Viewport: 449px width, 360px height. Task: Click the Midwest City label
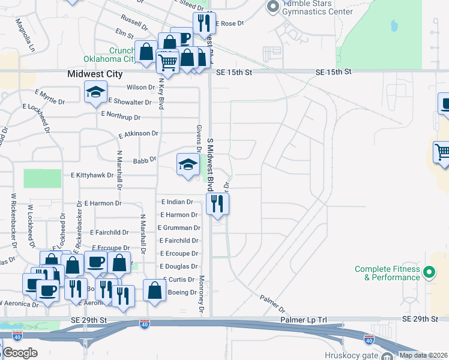[94, 74]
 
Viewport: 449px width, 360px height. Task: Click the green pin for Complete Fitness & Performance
[429, 273]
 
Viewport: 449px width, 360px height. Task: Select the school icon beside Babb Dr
[188, 164]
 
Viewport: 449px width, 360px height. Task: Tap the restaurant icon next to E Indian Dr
[217, 203]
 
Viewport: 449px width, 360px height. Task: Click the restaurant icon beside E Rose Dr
[204, 23]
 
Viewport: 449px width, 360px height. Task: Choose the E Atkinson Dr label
[139, 134]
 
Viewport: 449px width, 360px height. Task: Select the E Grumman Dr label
[179, 228]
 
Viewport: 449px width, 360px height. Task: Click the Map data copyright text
[424, 355]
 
